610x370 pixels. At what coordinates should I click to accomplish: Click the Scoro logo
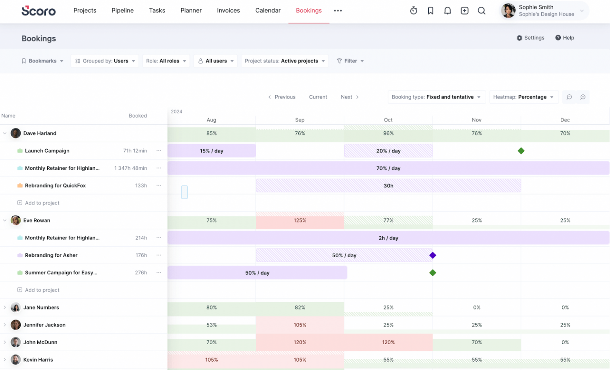coord(39,11)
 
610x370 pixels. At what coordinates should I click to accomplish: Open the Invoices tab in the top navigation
coord(228,11)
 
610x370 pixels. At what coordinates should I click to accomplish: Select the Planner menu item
coord(191,11)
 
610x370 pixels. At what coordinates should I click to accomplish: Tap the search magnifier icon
coord(481,11)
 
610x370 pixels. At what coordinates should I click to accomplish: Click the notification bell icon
coord(448,11)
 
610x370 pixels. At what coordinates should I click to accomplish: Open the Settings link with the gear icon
coord(530,38)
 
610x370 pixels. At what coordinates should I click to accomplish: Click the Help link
coord(565,38)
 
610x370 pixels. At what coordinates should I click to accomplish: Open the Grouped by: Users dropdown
coord(105,61)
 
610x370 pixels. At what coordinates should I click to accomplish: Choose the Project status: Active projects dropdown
coord(285,61)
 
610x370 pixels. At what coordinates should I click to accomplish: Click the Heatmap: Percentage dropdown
coord(523,97)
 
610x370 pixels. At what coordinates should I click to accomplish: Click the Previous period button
coord(282,97)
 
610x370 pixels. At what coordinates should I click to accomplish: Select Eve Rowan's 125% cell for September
coord(300,221)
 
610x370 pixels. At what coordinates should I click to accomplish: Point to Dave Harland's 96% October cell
coord(388,133)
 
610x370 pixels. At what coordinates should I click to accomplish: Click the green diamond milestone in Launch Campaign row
coord(521,151)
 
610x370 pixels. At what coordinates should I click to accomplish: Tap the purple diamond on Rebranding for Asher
coord(433,255)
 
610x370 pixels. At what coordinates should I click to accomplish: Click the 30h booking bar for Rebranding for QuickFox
coord(388,186)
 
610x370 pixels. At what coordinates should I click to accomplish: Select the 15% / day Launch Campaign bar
coord(211,151)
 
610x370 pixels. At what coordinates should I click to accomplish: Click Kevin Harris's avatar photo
coord(16,360)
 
